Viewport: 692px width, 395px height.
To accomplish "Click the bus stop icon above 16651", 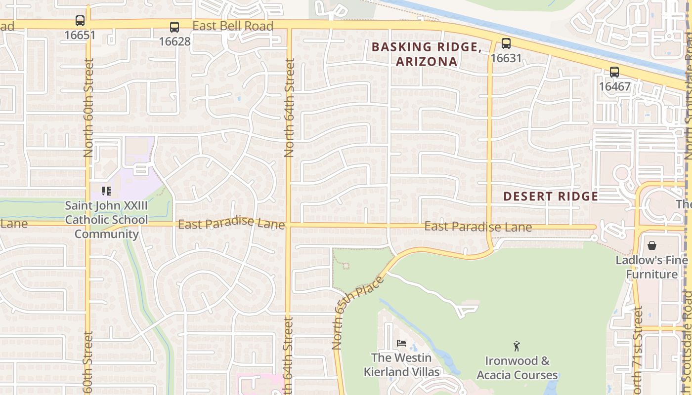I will coord(80,21).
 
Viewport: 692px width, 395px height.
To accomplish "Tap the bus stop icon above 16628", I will coord(174,27).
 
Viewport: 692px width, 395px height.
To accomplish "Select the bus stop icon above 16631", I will coord(506,43).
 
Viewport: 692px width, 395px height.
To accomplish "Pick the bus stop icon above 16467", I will coord(614,72).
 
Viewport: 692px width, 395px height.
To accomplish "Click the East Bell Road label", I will coord(233,26).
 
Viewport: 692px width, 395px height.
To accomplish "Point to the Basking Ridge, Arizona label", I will coord(427,54).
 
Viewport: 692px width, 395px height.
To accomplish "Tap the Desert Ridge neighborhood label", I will coord(551,196).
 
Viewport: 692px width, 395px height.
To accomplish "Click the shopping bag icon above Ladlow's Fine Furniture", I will coord(652,245).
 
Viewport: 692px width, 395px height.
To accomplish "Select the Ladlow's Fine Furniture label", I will coord(652,267).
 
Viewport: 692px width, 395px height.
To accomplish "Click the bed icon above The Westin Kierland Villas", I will coord(401,343).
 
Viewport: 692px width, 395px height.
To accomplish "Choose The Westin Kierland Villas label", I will coord(402,364).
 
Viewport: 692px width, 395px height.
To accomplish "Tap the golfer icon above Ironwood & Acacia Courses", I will coord(517,346).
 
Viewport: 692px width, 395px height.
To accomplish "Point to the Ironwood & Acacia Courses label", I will coord(517,368).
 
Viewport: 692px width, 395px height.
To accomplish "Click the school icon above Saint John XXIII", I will coord(106,191).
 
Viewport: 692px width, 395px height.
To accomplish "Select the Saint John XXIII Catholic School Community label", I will coord(106,220).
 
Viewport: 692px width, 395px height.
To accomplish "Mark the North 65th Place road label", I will coord(358,313).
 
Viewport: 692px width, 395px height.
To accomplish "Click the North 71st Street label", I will coord(638,351).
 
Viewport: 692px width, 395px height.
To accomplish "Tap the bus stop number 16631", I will coord(506,58).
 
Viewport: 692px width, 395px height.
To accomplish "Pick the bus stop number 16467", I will coord(614,87).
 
